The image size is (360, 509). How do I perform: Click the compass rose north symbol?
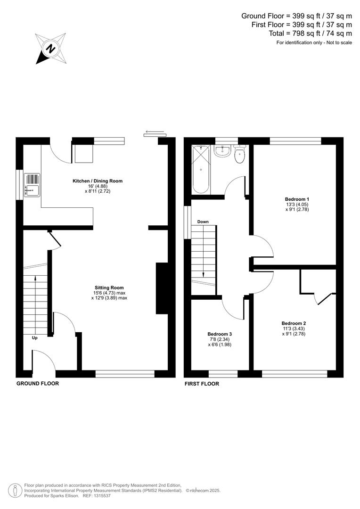click(x=50, y=49)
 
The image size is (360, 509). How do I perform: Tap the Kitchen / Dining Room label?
click(x=98, y=181)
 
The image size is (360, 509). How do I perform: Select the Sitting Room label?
click(x=109, y=287)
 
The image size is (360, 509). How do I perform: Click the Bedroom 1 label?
click(x=297, y=199)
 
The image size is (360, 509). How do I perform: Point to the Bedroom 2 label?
click(x=294, y=323)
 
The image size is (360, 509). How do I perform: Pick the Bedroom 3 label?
click(x=220, y=334)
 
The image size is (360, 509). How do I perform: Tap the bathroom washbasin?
click(x=221, y=151)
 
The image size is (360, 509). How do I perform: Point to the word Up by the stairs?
click(x=35, y=338)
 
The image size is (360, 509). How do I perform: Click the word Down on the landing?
click(x=203, y=222)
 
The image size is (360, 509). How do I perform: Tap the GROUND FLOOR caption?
click(x=38, y=384)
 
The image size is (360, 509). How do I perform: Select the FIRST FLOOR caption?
click(x=202, y=384)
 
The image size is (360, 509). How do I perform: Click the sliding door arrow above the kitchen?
click(x=155, y=131)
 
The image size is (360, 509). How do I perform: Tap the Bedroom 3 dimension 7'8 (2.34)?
click(x=220, y=339)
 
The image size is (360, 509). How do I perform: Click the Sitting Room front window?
click(x=125, y=374)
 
